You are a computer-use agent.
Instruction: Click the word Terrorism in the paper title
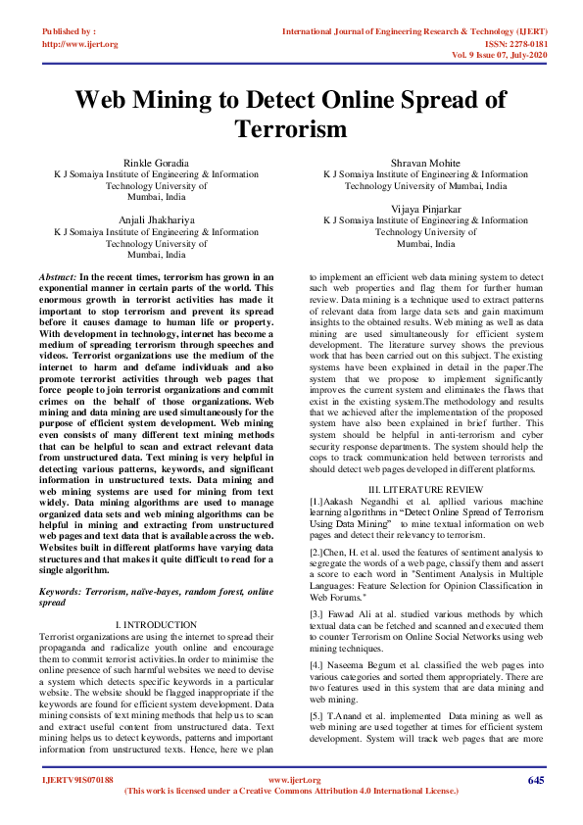[291, 128]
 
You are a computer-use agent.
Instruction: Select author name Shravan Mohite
[425, 163]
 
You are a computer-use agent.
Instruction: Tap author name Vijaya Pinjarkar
[425, 209]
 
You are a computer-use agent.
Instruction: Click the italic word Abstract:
[58, 278]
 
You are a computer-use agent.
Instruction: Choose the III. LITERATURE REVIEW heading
[425, 488]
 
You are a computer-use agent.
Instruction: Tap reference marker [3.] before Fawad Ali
[318, 614]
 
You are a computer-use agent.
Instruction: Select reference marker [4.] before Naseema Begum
[318, 663]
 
